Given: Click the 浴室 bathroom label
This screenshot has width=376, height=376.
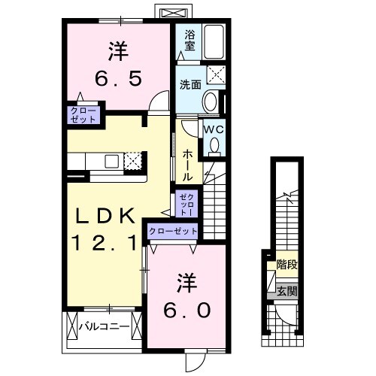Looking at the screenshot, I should pos(189,39).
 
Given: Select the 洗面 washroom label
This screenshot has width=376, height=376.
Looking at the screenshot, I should pos(189,85).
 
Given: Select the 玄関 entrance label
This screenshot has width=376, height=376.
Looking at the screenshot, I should pos(286,290).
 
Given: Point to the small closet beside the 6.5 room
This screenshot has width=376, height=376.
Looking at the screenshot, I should pos(83,115).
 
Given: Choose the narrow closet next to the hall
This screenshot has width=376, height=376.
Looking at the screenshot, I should pos(186,203).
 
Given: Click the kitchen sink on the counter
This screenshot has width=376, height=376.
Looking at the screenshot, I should pos(111,160).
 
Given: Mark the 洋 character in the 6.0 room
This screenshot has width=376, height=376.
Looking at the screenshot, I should pos(189,283).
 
